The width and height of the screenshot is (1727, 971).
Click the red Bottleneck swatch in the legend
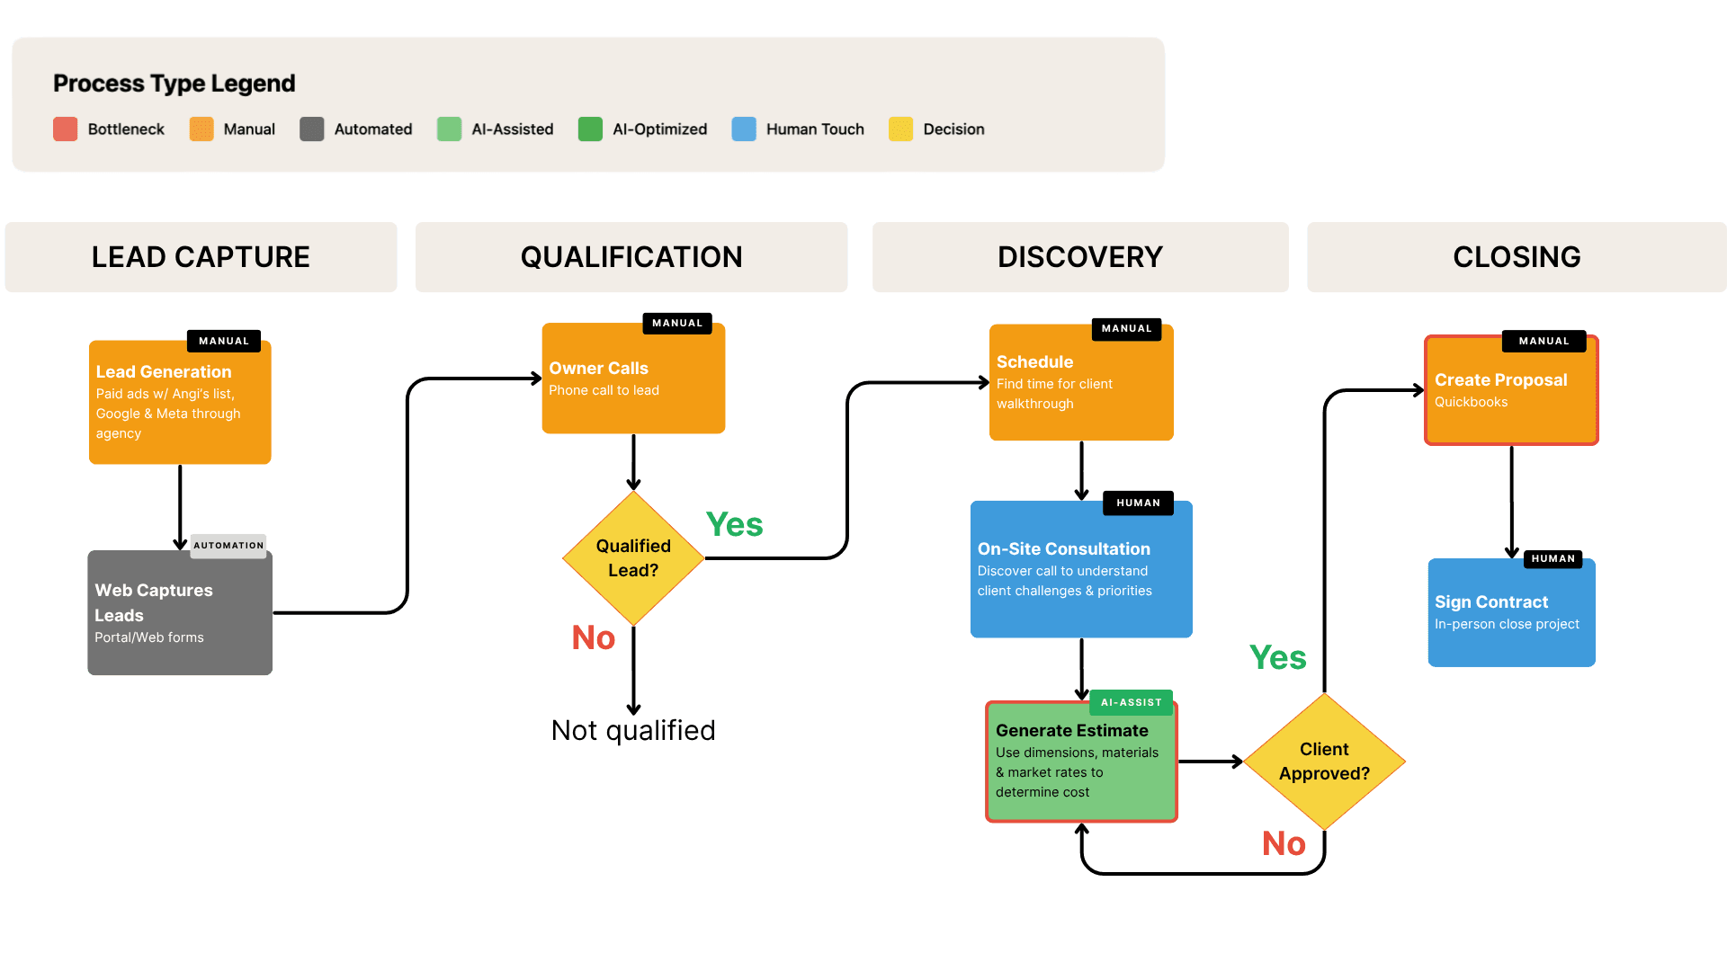pos(65,129)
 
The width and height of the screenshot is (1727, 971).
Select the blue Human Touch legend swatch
pos(744,129)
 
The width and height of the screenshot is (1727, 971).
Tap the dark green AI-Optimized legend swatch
pos(590,129)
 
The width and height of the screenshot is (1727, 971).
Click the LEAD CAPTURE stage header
pos(201,257)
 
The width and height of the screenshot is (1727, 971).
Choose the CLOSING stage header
pos(1517,257)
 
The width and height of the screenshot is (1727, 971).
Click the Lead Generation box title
pos(164,371)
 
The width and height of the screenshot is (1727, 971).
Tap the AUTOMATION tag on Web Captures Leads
pos(228,546)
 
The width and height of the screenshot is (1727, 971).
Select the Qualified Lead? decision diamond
pos(633,558)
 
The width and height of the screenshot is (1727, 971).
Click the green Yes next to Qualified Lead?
pos(734,525)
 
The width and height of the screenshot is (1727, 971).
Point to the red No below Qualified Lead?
pos(594,638)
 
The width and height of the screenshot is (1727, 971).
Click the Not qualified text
pos(633,730)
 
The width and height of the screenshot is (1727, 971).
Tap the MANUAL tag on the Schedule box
pos(1126,329)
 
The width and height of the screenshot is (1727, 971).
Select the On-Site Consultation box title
pos(1063,548)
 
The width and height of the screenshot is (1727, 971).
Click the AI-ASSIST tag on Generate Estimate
pos(1131,703)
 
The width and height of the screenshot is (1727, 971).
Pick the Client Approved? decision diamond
pos(1324,762)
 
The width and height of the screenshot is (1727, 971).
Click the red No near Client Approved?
pos(1284,844)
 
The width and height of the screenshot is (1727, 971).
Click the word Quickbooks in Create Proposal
pos(1471,402)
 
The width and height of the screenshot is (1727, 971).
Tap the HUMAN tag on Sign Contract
pos(1553,559)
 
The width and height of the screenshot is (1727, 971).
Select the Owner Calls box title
pos(598,368)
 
